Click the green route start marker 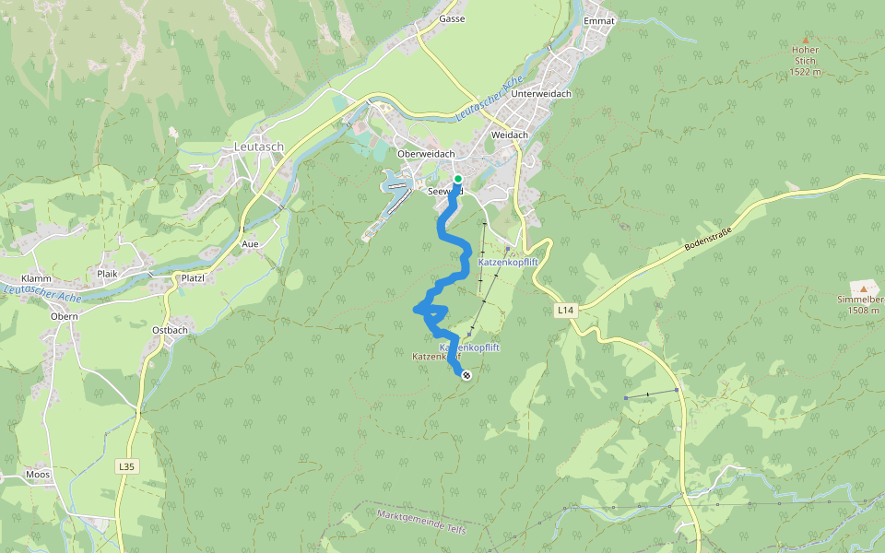(x=457, y=179)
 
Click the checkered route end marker (x=466, y=374)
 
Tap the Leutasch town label (x=258, y=147)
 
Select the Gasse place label (x=452, y=18)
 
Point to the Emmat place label (x=599, y=20)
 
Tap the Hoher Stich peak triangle (x=805, y=41)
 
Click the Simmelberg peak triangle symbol (x=863, y=288)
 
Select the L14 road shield (x=566, y=312)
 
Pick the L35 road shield (x=126, y=467)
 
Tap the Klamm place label (x=37, y=277)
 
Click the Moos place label (x=38, y=475)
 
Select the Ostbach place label (x=170, y=329)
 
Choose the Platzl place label (x=192, y=277)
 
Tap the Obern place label (x=65, y=316)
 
